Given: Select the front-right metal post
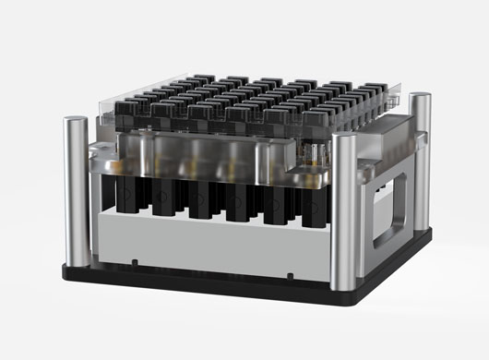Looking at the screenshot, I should (343, 217).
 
